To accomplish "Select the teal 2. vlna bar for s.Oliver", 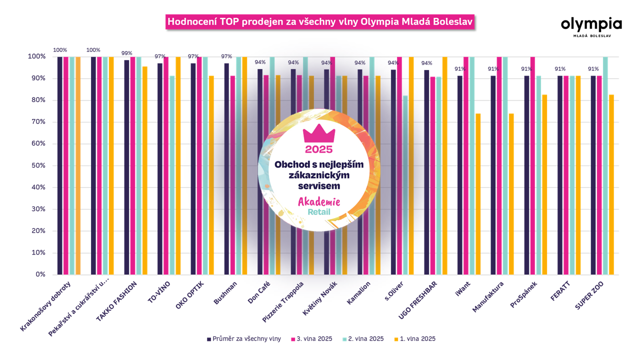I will pos(405,185).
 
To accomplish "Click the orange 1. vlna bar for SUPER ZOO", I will pos(611,184).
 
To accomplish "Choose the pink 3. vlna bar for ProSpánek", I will pos(532,165).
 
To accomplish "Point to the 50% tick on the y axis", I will pos(38,165).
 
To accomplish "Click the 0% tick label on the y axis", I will pos(40,274).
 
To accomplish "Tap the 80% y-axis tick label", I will pos(38,100).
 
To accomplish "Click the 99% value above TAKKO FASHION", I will pos(126,53).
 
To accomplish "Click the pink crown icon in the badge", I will pos(319,133).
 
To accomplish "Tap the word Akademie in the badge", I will pos(319,202).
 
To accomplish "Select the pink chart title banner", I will pos(320,22).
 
